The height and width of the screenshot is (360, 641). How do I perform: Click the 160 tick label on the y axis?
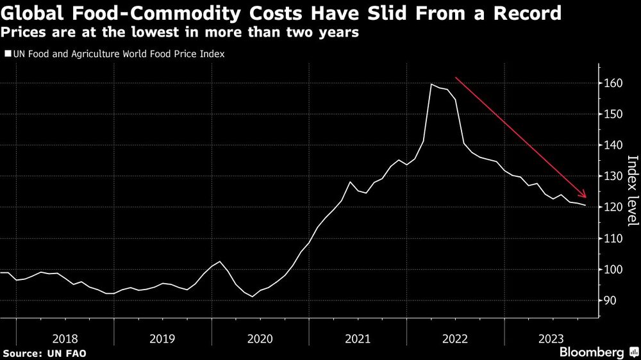pos(612,83)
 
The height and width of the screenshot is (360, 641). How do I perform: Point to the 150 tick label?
pos(612,114)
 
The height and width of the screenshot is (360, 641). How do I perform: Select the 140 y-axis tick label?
pos(612,145)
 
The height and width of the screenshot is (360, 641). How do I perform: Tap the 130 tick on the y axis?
pos(612,176)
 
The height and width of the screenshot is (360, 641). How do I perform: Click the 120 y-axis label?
pos(612,208)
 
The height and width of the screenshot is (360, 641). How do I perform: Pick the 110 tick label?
pos(612,238)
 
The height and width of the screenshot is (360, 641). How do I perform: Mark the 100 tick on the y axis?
pos(612,270)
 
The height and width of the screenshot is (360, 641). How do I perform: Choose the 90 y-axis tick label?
pos(610,300)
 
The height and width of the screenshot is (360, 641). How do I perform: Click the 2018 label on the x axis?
pos(65,338)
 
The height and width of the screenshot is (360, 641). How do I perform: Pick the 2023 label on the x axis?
pos(552,338)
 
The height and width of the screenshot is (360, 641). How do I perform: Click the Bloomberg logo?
pos(592,352)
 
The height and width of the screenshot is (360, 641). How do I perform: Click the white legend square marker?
pos(7,55)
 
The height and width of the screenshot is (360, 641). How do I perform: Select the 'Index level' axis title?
pos(631,190)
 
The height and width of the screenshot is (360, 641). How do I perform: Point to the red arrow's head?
pos(584,195)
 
